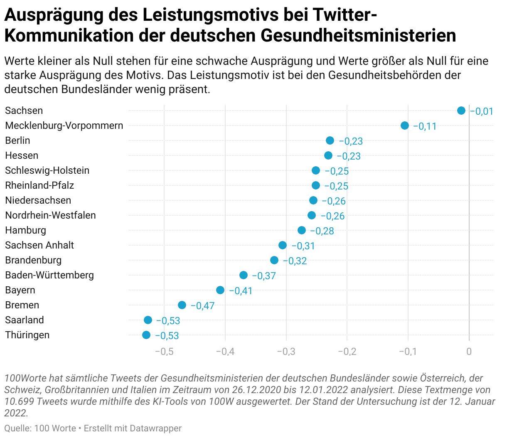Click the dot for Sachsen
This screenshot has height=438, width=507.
coord(461,111)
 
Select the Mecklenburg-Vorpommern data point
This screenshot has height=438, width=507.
coord(404,125)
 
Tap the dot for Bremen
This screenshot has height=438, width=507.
coord(182,305)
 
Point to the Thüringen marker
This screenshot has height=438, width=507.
coord(146,335)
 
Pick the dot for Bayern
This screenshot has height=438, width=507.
coord(220,290)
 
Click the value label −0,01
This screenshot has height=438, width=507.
coord(482,111)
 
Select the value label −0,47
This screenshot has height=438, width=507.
coord(202,306)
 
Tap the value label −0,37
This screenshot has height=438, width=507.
coord(264,276)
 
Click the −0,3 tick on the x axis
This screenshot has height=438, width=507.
coord(286,352)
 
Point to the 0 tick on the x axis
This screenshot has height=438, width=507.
coord(469,352)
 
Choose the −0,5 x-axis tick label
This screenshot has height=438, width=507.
coord(164,352)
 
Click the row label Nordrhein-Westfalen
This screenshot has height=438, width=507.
coord(50,215)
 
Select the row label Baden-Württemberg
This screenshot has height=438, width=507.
coord(49,275)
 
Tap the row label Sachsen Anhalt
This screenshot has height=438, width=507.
coord(39,245)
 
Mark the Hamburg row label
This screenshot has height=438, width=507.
coord(25,230)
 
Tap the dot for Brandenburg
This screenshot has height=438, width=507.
coord(274,260)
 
